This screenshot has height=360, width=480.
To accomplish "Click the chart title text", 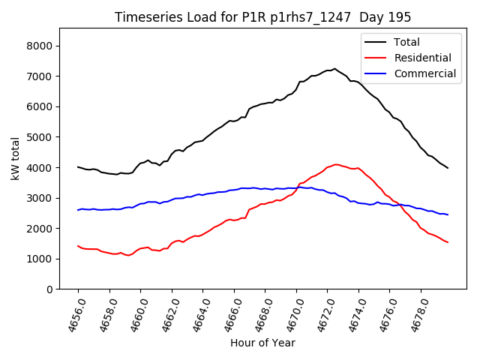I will pos(262,16).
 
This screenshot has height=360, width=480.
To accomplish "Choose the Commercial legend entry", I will pos(424,73).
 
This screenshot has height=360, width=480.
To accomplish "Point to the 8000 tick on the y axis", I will pos(38,46).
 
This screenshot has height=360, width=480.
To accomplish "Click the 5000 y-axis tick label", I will pos(38,137).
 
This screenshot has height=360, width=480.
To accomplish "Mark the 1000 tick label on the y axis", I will pos(38,259).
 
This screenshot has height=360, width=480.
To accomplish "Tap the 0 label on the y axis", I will pos(49,289).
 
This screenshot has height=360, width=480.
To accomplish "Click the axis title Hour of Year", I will pos(262,343).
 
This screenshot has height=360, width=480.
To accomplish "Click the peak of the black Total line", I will pos(334,68).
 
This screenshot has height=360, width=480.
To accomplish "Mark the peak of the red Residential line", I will pos(336,164).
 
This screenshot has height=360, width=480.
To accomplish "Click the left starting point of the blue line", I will pos(78,210).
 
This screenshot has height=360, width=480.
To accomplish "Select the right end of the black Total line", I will pos(448,168).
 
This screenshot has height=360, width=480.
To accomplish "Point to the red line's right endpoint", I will pos(448,242).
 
